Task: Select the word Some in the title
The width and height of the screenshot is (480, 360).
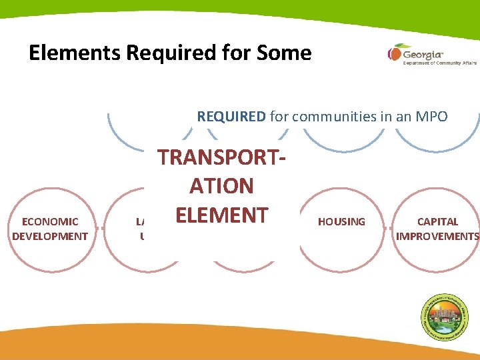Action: (x=283, y=53)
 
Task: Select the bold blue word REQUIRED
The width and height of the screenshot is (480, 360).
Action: (x=231, y=117)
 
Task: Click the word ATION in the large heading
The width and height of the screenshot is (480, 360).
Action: (x=221, y=185)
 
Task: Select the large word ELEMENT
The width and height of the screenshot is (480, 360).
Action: (x=221, y=215)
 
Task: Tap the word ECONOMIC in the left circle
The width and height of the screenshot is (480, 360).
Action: (x=50, y=221)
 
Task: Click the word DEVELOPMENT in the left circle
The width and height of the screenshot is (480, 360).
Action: (x=50, y=236)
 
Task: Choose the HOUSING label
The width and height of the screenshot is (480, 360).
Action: (x=341, y=221)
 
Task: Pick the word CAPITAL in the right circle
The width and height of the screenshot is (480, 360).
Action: (x=437, y=221)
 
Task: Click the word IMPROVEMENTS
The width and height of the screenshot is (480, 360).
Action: (x=437, y=236)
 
